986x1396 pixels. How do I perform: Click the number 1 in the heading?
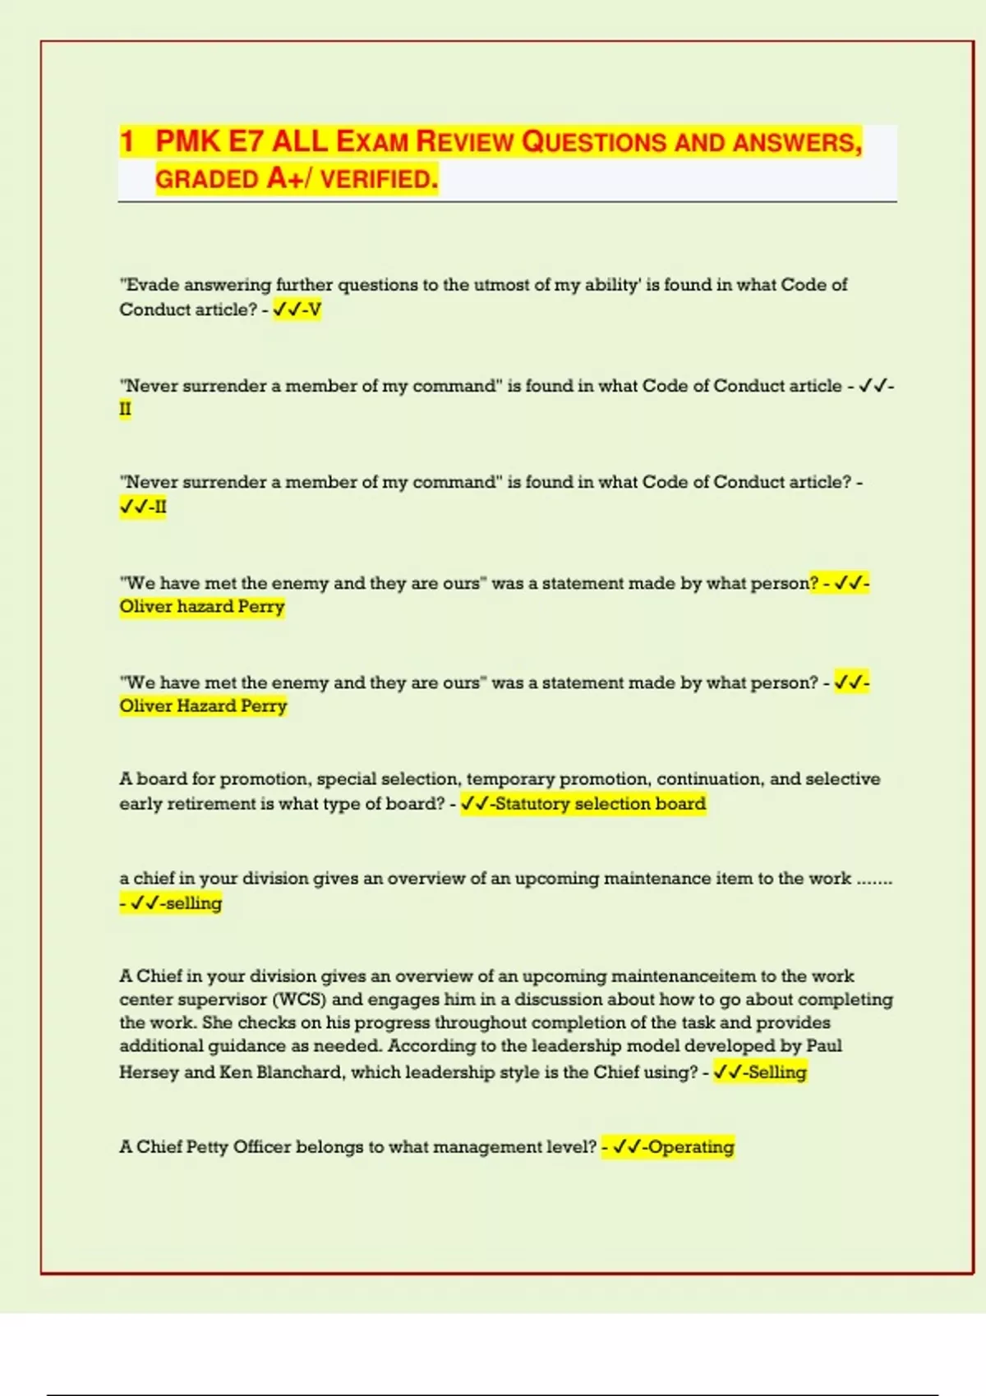point(127,141)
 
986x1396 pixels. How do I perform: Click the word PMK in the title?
point(188,141)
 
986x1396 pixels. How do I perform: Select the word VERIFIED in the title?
point(379,178)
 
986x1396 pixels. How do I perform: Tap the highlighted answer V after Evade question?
point(314,310)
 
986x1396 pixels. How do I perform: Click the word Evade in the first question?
point(150,285)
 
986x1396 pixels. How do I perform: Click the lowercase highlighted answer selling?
point(194,903)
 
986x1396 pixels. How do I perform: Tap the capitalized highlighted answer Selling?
point(776,1072)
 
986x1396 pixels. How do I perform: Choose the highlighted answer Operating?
point(690,1146)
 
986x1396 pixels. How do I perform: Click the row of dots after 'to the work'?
point(874,879)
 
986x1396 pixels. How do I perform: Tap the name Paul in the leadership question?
point(824,1045)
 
